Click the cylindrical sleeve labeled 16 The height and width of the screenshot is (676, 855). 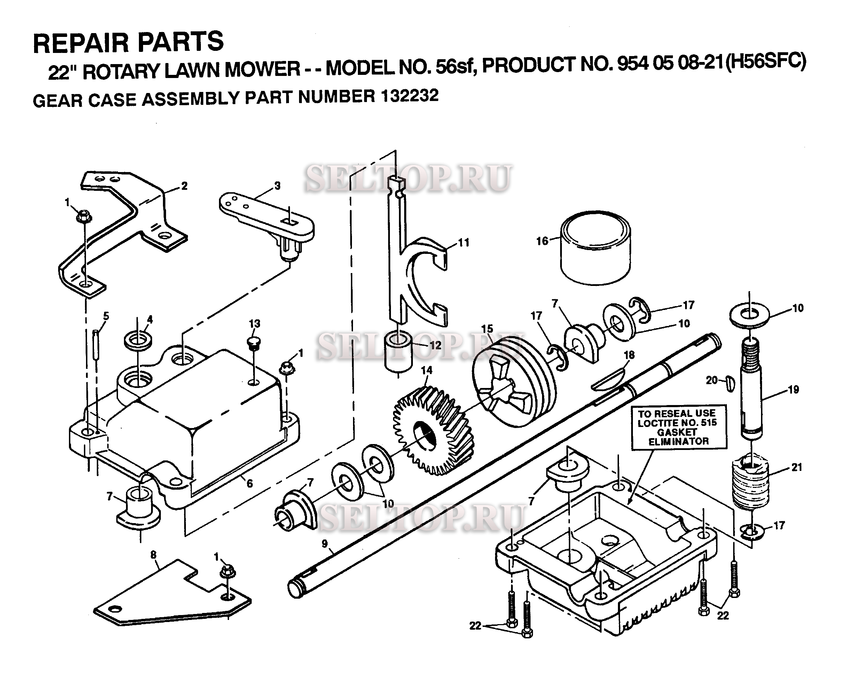[x=595, y=247]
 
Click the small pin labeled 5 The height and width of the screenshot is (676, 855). [x=96, y=344]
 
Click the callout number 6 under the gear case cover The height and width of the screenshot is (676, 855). [x=250, y=483]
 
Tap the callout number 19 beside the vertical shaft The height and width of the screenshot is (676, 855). [x=793, y=390]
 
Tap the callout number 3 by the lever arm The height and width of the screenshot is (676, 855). [x=277, y=185]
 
